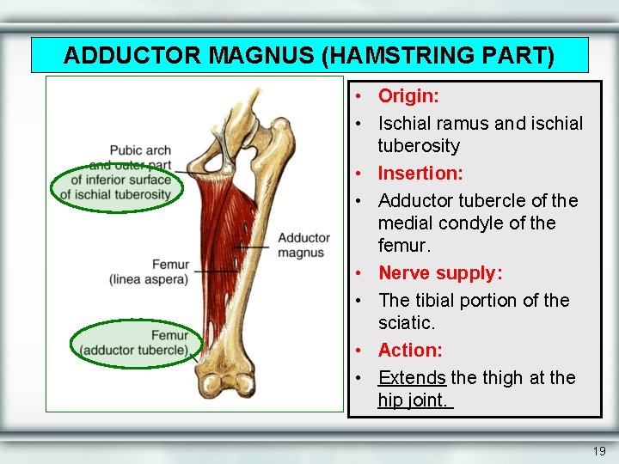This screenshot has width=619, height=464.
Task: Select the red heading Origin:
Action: click(408, 95)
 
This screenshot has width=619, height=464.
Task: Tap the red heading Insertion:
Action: click(420, 174)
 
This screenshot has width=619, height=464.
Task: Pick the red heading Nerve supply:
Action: click(440, 273)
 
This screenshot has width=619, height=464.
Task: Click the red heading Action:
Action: click(410, 351)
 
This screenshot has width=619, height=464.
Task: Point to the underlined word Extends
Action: click(412, 378)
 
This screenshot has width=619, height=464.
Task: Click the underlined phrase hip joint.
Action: click(414, 400)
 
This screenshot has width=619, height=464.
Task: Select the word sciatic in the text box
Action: click(405, 323)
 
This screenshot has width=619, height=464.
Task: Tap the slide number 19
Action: click(599, 451)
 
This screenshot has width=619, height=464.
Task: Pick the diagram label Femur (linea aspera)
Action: click(148, 272)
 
